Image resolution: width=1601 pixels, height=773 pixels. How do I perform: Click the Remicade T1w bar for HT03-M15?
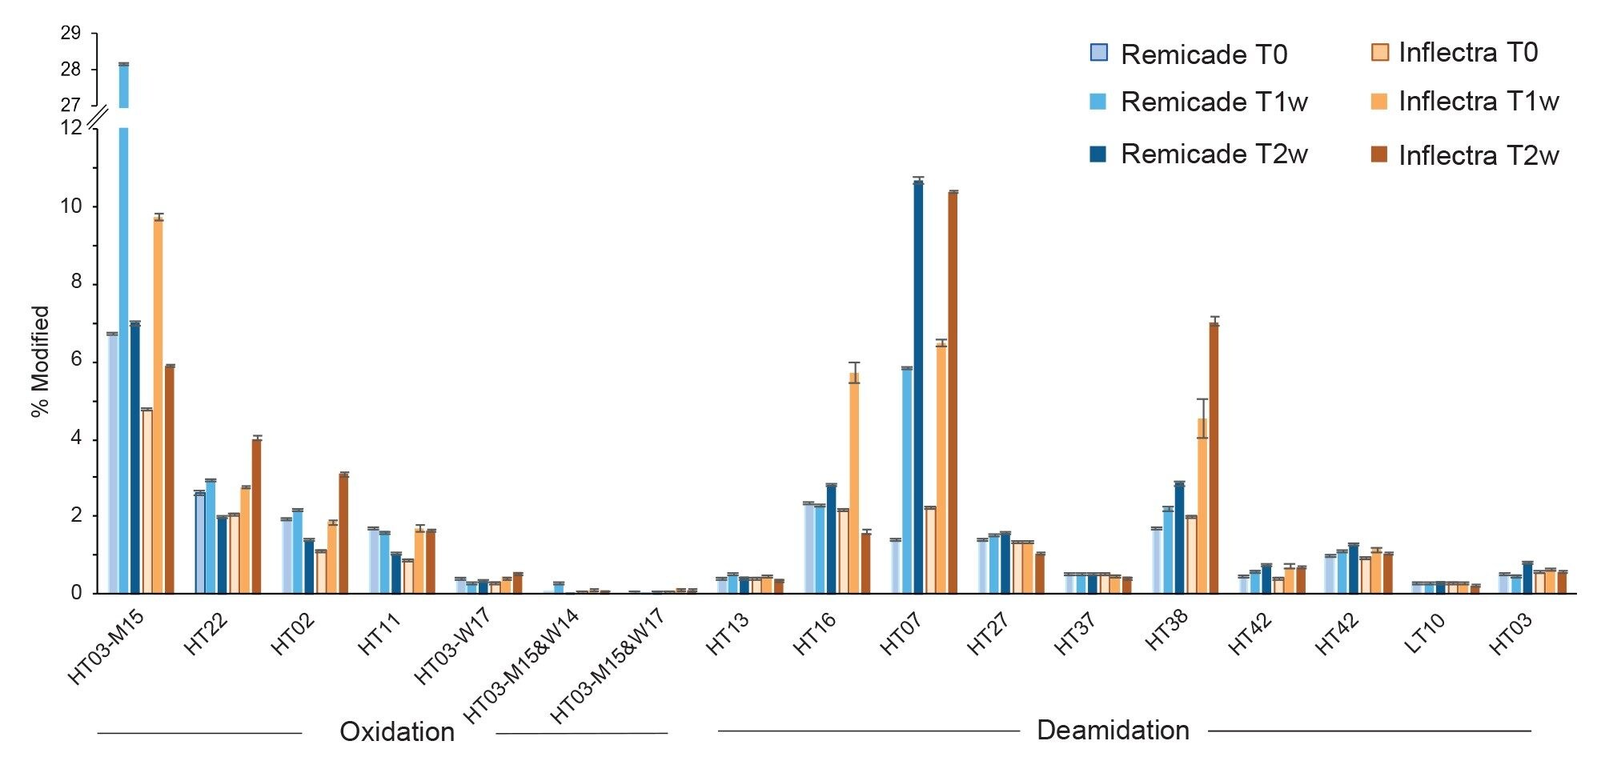pos(124,360)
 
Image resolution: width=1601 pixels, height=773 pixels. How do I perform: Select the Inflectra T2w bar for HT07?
pos(953,392)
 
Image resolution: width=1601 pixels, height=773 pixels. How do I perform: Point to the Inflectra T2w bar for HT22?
pos(256,516)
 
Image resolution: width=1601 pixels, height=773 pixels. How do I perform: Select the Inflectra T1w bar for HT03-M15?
pos(158,404)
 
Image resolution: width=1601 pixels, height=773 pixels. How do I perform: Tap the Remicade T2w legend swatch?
pos(1097,154)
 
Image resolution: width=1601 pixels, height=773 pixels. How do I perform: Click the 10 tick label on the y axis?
pos(70,206)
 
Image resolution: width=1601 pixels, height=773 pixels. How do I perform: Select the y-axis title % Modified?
pos(40,361)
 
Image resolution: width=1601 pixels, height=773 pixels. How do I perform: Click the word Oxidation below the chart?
pos(397,731)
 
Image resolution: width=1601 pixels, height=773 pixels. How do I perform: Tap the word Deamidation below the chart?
pos(1113,730)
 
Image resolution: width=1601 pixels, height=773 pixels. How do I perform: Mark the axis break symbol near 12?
pos(97,117)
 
